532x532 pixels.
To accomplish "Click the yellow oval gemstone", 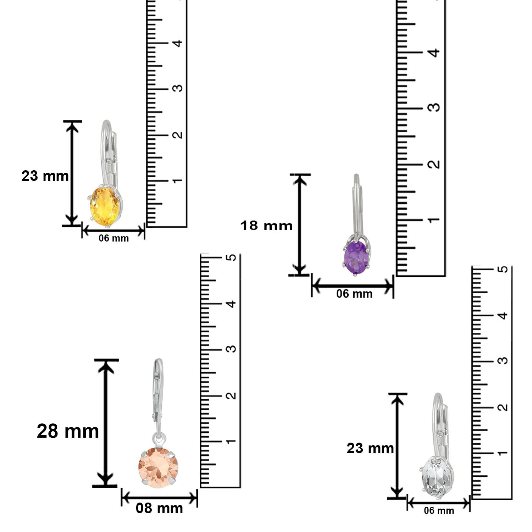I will pyautogui.click(x=105, y=206).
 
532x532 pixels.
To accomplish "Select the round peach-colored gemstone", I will pyautogui.click(x=156, y=467).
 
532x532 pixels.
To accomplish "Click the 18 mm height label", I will pyautogui.click(x=266, y=226).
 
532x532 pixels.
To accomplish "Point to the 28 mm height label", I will pyautogui.click(x=68, y=431).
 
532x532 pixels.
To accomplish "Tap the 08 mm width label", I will pyautogui.click(x=159, y=508).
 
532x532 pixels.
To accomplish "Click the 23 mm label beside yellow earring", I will pyautogui.click(x=45, y=176).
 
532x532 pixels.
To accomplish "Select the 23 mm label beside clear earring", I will pyautogui.click(x=370, y=448).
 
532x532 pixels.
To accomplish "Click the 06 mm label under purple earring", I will pyautogui.click(x=354, y=294).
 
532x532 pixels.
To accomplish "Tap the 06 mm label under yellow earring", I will pyautogui.click(x=113, y=238).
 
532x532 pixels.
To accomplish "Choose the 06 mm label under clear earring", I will pyautogui.click(x=439, y=511).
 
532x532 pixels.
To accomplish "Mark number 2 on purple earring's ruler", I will pyautogui.click(x=434, y=164).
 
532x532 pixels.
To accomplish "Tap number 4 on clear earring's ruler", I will pyautogui.click(x=503, y=315).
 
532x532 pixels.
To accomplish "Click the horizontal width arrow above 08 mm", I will pyautogui.click(x=159, y=498).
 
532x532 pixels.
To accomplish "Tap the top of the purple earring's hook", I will pyautogui.click(x=356, y=176).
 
